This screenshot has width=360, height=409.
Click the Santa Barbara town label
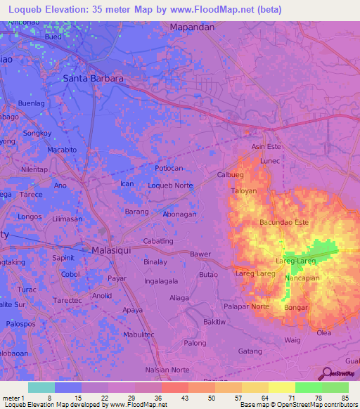coord(94,79)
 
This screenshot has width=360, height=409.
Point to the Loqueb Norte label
coord(170,186)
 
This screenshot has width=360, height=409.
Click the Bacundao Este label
coord(284,222)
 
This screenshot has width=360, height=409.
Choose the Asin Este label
coord(266,147)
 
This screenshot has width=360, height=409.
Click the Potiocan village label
coord(169,169)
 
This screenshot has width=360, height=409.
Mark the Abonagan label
coord(179,214)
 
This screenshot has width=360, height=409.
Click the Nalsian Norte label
coord(167,370)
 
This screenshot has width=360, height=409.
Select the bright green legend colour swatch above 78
coord(308,387)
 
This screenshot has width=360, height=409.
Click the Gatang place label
coord(250,351)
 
